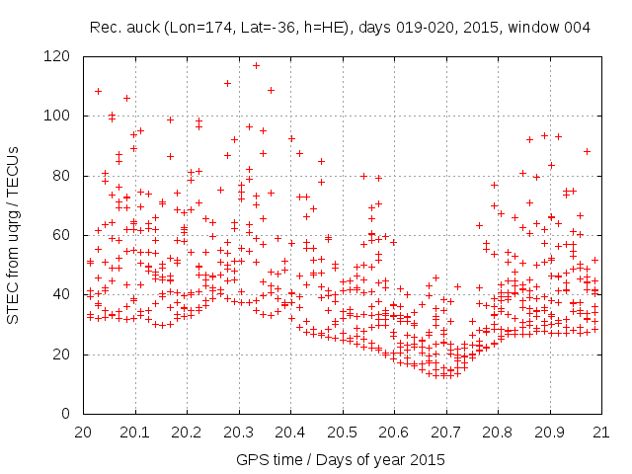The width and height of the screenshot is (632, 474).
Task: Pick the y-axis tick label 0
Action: click(x=67, y=413)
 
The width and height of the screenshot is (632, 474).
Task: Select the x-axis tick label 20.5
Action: click(x=342, y=432)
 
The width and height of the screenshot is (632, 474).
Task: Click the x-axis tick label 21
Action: click(x=600, y=432)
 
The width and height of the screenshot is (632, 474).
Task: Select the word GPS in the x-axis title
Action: click(x=249, y=460)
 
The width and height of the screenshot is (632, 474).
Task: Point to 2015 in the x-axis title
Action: click(x=428, y=460)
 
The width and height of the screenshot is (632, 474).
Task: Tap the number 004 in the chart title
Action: click(x=577, y=28)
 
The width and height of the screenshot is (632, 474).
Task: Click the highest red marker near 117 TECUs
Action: click(x=256, y=66)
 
